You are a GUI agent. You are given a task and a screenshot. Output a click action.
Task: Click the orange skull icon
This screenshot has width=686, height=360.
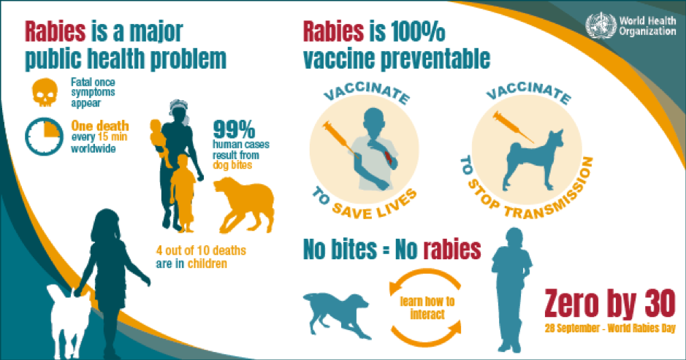[x=45, y=92]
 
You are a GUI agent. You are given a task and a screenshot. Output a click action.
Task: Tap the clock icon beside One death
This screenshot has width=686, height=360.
[x=44, y=137]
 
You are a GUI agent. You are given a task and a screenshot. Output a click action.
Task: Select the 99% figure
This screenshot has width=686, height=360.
[x=234, y=129]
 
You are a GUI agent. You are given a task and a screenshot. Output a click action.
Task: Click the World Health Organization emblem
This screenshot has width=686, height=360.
[x=601, y=26]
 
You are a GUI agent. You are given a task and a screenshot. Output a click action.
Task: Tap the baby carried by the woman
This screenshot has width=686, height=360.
[x=159, y=140]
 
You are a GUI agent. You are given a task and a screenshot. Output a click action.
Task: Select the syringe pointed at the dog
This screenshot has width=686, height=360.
[x=513, y=127]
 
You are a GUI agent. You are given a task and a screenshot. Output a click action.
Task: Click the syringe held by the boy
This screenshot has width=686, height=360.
[x=341, y=139]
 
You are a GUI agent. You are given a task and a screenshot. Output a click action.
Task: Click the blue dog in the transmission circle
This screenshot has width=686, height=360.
[x=533, y=160]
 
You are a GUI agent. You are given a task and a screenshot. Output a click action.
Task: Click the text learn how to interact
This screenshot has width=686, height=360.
[x=427, y=308]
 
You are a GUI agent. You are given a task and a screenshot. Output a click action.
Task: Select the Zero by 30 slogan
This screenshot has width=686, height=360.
[x=610, y=304]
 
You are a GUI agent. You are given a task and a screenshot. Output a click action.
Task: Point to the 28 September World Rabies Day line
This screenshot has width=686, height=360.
[x=610, y=328]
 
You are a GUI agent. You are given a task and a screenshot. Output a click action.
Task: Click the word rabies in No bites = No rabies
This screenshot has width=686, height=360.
[x=452, y=249]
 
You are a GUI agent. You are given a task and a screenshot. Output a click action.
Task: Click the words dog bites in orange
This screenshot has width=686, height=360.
[x=232, y=165]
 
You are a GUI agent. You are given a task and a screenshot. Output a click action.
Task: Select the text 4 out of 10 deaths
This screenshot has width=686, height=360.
[x=201, y=250]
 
